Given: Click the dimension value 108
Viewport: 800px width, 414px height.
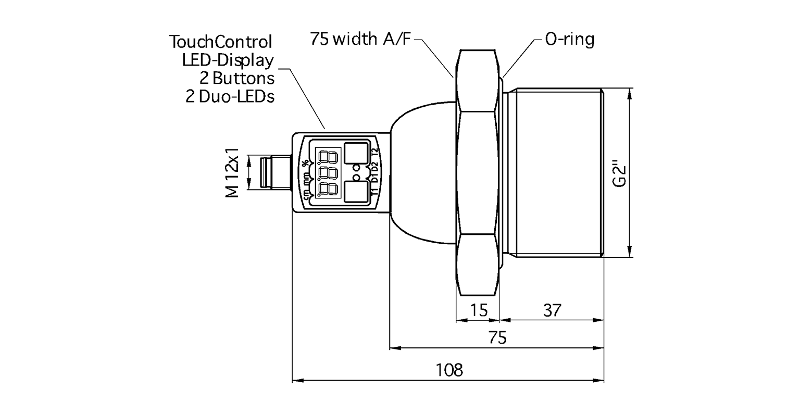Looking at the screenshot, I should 449,370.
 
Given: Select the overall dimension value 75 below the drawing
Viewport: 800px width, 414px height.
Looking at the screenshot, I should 497,338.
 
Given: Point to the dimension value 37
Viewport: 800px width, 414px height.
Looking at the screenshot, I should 552,310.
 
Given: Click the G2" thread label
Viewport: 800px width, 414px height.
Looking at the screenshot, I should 619,173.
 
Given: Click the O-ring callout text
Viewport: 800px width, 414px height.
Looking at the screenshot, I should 569,40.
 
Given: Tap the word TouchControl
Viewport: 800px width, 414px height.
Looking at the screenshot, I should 221,42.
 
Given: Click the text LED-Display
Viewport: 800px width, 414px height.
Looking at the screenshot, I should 228,60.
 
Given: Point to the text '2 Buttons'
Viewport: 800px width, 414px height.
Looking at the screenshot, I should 237,79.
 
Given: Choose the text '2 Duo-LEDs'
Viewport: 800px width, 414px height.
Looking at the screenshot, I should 230,97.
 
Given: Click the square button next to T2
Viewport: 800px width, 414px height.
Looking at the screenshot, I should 356,153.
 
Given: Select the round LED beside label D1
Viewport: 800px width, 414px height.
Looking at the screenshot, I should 357,177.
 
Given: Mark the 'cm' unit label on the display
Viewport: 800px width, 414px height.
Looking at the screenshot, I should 306,193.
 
